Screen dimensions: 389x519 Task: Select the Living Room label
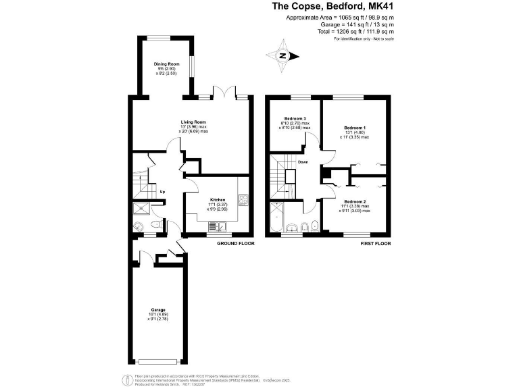(193, 122)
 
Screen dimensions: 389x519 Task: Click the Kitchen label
(217, 200)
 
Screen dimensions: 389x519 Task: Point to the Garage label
(157, 310)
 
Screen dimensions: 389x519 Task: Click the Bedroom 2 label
(354, 202)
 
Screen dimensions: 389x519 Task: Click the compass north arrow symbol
(283, 56)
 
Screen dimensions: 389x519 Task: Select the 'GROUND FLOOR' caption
(235, 242)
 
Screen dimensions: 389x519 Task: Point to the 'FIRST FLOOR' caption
(376, 242)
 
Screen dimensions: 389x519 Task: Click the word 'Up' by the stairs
(162, 192)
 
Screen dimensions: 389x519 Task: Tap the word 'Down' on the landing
(303, 162)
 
